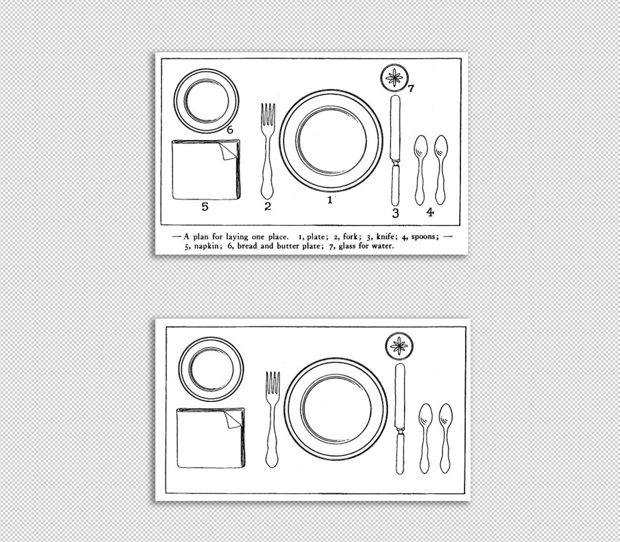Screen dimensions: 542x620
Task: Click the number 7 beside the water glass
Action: [411, 88]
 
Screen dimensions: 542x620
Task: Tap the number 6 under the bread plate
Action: [230, 130]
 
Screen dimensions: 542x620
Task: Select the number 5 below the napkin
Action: [204, 207]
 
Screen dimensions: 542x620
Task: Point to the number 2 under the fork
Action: [268, 206]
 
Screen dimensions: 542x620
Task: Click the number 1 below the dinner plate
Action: [330, 200]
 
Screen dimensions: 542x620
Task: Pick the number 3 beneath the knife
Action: [395, 214]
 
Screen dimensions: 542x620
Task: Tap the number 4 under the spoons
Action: [430, 212]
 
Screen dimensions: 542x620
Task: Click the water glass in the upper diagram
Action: [395, 78]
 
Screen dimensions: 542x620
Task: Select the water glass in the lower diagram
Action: [400, 346]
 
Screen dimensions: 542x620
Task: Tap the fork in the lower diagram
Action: [272, 419]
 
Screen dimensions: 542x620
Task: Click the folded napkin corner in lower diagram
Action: [232, 419]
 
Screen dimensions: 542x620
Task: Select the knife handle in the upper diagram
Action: [395, 184]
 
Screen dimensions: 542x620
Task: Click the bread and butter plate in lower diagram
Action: [211, 369]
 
